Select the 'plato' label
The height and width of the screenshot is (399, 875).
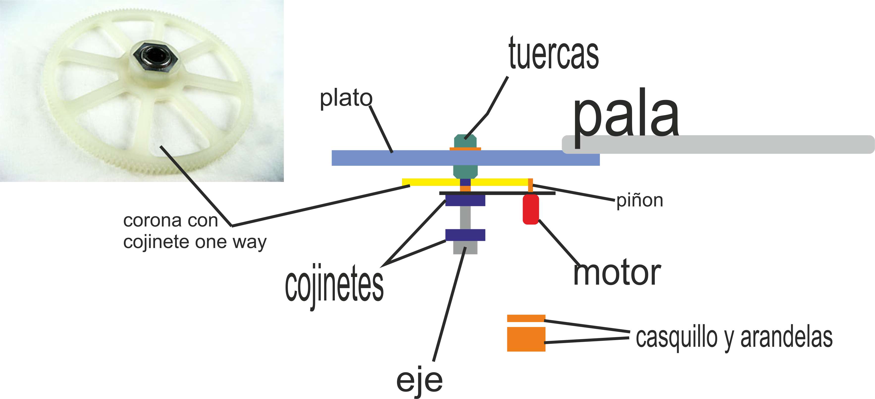click(x=346, y=99)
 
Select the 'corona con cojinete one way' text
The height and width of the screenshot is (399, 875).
click(x=195, y=231)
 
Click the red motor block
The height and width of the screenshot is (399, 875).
click(x=530, y=209)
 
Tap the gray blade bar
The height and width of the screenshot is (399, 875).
click(x=730, y=144)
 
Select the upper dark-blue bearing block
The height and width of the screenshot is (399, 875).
click(x=465, y=200)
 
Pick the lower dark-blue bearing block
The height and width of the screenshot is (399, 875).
click(x=465, y=235)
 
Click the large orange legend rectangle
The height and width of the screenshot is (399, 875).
click(x=526, y=339)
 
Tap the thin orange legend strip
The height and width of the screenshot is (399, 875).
click(x=526, y=318)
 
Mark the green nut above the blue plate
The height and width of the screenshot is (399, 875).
click(x=465, y=141)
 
